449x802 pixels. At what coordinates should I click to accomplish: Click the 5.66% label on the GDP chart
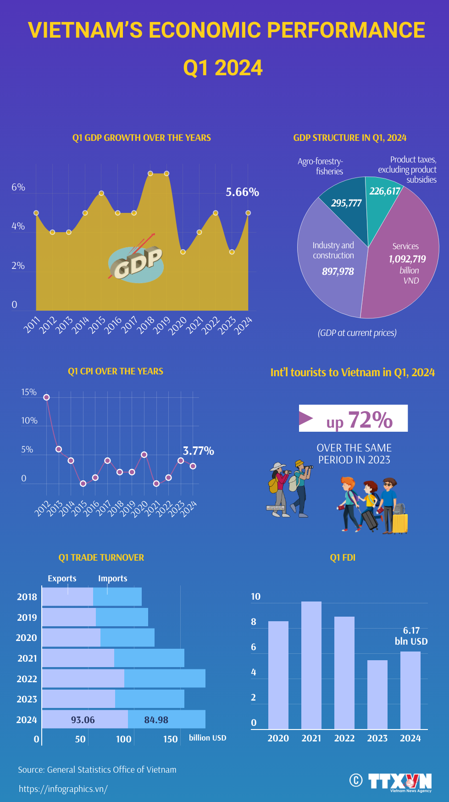pyautogui.click(x=242, y=192)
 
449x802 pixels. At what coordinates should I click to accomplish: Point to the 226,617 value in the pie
pyautogui.click(x=384, y=191)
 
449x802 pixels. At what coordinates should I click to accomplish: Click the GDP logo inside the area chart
pyautogui.click(x=136, y=264)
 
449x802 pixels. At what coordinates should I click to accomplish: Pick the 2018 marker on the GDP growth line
pyautogui.click(x=150, y=173)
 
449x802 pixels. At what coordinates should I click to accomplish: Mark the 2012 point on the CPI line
pyautogui.click(x=46, y=397)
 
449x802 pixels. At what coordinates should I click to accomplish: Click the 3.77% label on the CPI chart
pyautogui.click(x=198, y=451)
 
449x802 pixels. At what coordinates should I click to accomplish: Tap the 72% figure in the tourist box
pyautogui.click(x=370, y=419)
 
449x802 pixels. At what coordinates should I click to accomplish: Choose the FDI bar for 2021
pyautogui.click(x=311, y=665)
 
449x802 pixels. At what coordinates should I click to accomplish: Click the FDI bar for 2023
pyautogui.click(x=377, y=695)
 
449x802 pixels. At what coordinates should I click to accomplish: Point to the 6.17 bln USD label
pyautogui.click(x=411, y=636)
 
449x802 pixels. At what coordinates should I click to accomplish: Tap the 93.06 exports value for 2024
pyautogui.click(x=83, y=720)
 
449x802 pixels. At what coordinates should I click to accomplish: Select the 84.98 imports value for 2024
pyautogui.click(x=156, y=720)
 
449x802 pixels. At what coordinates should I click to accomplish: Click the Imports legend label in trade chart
pyautogui.click(x=112, y=579)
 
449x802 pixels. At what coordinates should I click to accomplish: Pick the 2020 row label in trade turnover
pyautogui.click(x=26, y=638)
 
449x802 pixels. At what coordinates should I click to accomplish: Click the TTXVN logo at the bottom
pyautogui.click(x=399, y=781)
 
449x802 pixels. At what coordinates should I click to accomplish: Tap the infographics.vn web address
pyautogui.click(x=63, y=789)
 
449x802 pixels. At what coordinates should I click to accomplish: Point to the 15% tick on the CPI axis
pyautogui.click(x=28, y=392)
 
